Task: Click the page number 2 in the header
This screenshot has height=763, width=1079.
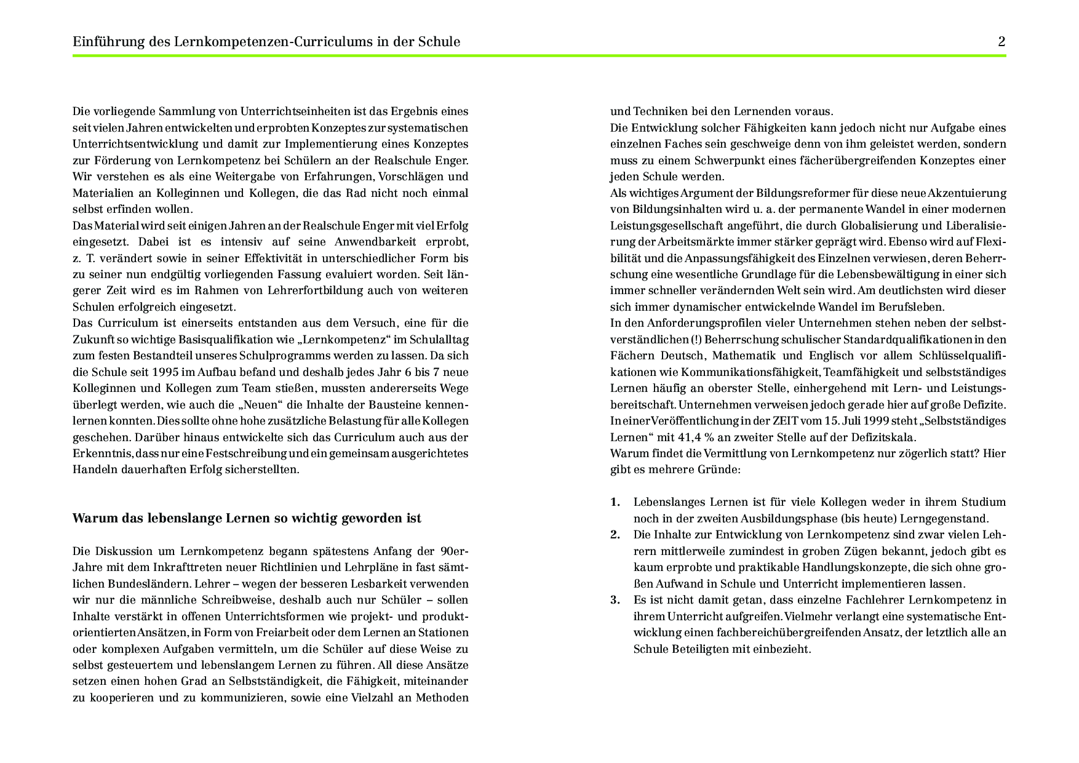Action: pos(1001,42)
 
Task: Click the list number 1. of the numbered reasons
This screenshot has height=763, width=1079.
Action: pos(615,502)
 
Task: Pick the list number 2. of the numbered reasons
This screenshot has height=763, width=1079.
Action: pos(615,535)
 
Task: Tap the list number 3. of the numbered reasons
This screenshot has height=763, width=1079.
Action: pos(615,600)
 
